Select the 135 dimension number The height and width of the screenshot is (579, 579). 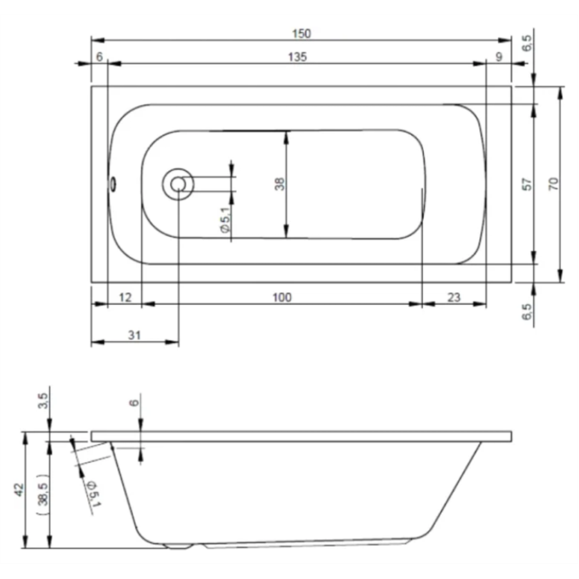(297, 57)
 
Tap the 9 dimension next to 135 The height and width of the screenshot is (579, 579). (499, 57)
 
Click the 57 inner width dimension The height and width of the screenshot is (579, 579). (527, 184)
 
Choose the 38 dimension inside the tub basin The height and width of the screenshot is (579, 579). (279, 184)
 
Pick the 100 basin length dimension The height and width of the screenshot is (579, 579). (282, 297)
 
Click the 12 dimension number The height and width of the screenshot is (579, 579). (125, 297)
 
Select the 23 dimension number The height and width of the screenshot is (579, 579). (454, 297)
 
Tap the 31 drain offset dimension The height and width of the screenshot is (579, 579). (134, 335)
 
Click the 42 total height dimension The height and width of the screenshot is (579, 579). (19, 490)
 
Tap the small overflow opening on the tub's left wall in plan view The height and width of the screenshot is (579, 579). (113, 184)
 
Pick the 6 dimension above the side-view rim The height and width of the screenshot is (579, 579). (133, 403)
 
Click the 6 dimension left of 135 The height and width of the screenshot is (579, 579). (99, 57)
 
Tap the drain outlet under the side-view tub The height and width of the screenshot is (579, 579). (179, 547)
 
